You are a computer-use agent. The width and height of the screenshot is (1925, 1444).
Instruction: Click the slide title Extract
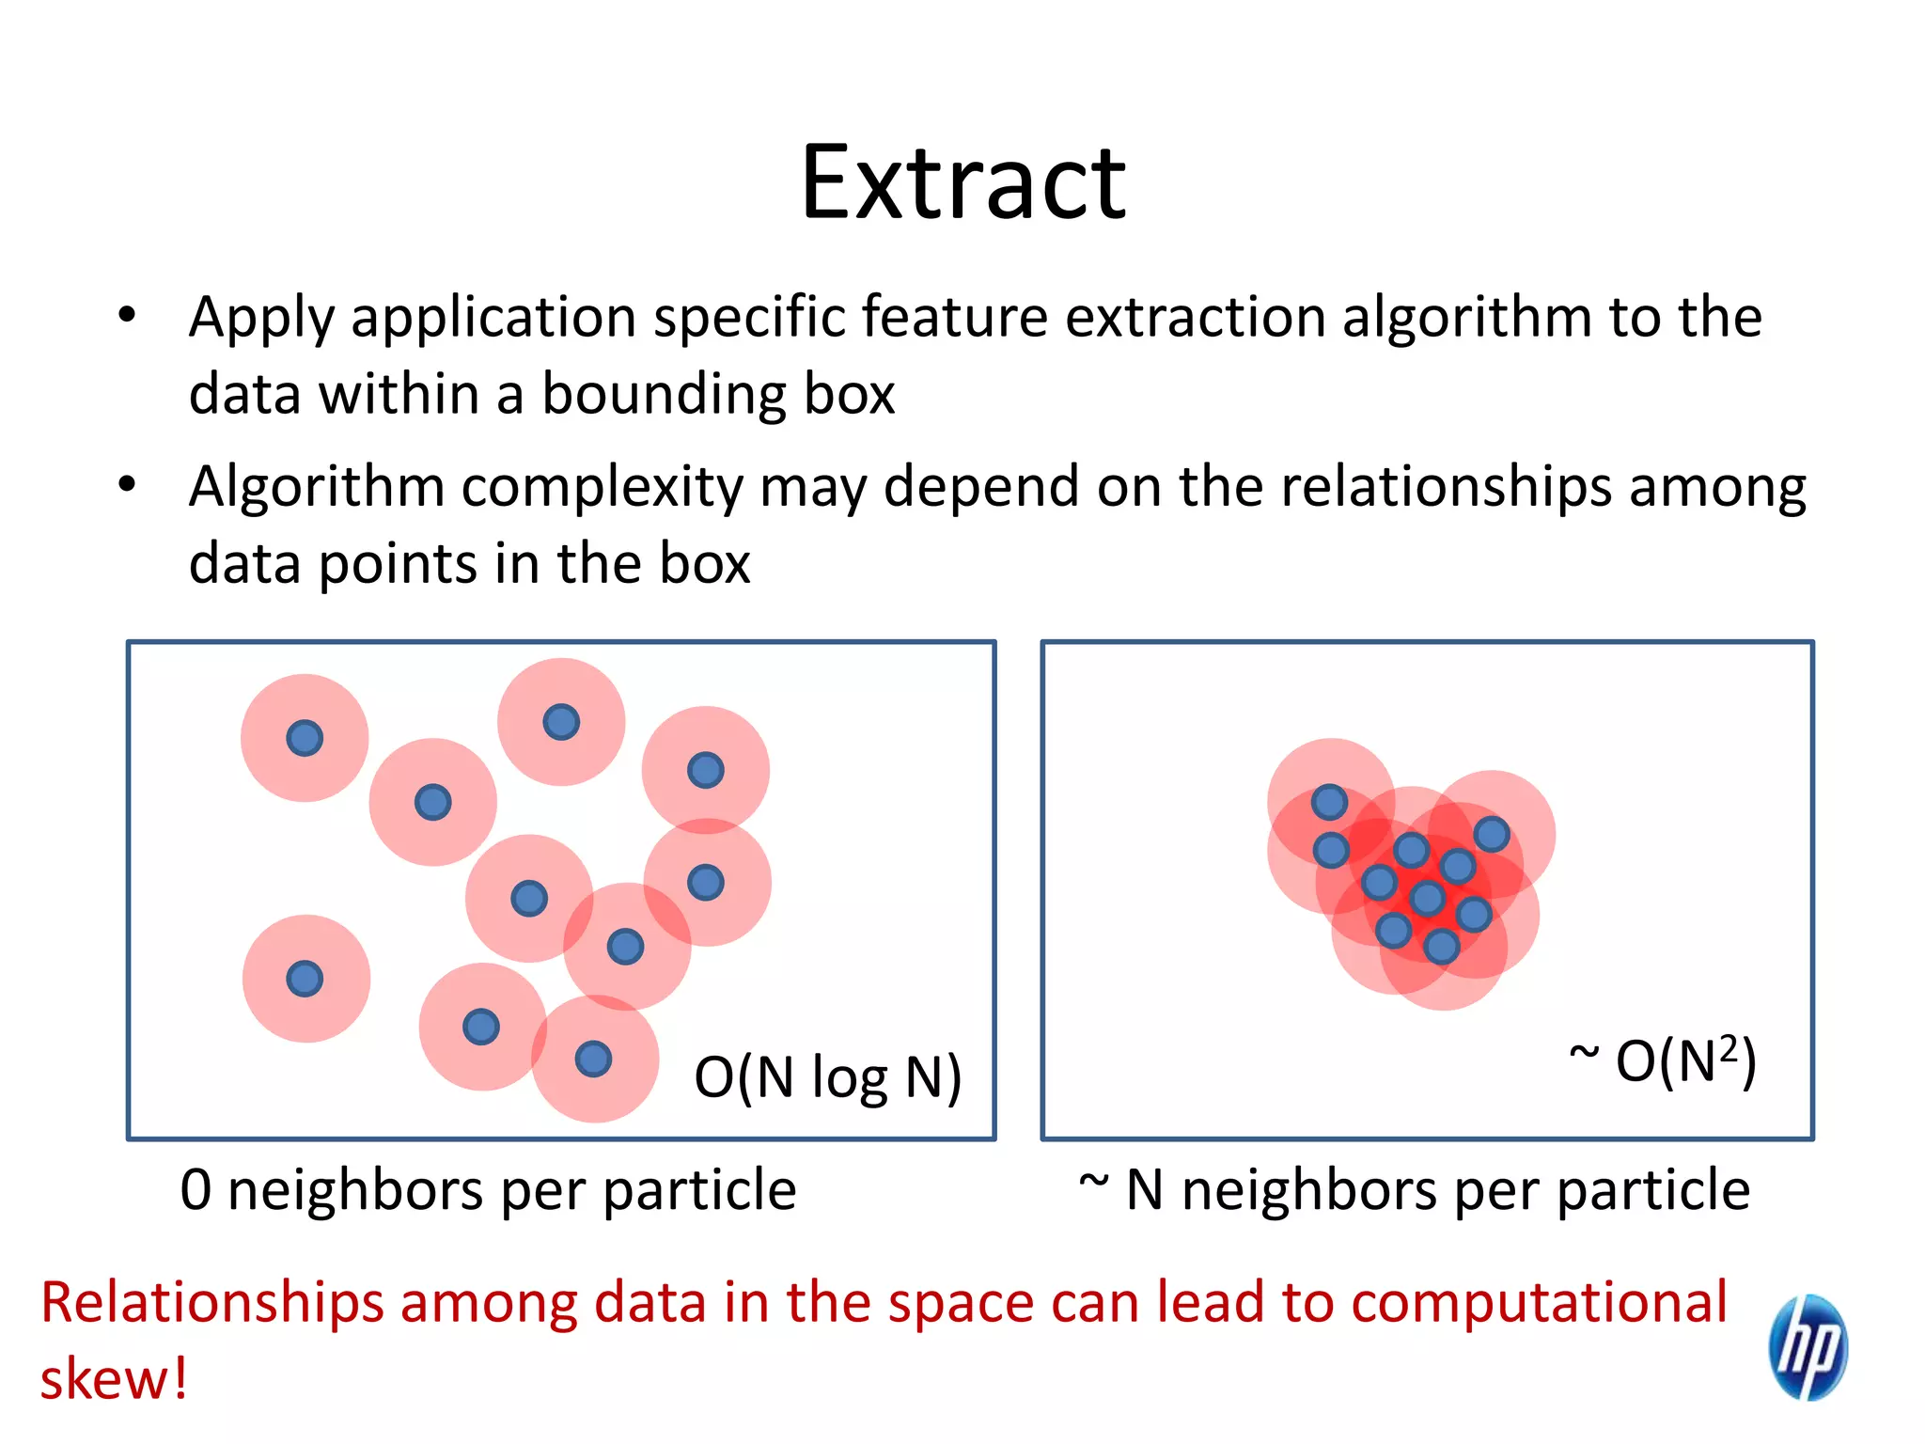(x=962, y=183)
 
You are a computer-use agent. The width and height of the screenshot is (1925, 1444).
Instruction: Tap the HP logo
(x=1808, y=1346)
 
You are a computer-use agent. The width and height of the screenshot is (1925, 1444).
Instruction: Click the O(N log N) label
(x=827, y=1077)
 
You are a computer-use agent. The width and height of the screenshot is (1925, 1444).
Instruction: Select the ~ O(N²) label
(x=1663, y=1061)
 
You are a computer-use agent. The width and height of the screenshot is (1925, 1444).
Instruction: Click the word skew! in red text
(x=114, y=1379)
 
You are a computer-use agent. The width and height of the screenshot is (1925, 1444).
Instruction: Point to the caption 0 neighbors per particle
(x=488, y=1189)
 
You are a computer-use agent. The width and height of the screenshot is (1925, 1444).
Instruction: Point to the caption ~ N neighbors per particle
(x=1414, y=1189)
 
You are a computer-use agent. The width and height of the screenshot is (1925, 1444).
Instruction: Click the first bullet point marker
(x=127, y=315)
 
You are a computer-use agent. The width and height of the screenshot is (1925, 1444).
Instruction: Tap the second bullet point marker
(x=127, y=485)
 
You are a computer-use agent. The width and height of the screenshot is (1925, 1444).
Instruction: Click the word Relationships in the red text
(x=212, y=1303)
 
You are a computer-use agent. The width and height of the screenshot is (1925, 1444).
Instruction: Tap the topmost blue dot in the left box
(x=561, y=722)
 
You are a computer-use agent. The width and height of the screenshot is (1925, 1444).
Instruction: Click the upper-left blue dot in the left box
(x=305, y=738)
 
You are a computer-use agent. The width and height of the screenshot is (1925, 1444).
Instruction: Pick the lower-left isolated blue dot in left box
(x=305, y=979)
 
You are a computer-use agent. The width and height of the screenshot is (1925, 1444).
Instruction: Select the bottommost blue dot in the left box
(x=593, y=1059)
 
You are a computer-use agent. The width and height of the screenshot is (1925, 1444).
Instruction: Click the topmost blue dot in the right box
(x=1329, y=802)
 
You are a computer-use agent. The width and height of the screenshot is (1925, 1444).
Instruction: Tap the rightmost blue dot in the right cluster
(x=1492, y=834)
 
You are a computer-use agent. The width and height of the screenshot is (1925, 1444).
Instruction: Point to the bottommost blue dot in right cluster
(x=1441, y=947)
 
